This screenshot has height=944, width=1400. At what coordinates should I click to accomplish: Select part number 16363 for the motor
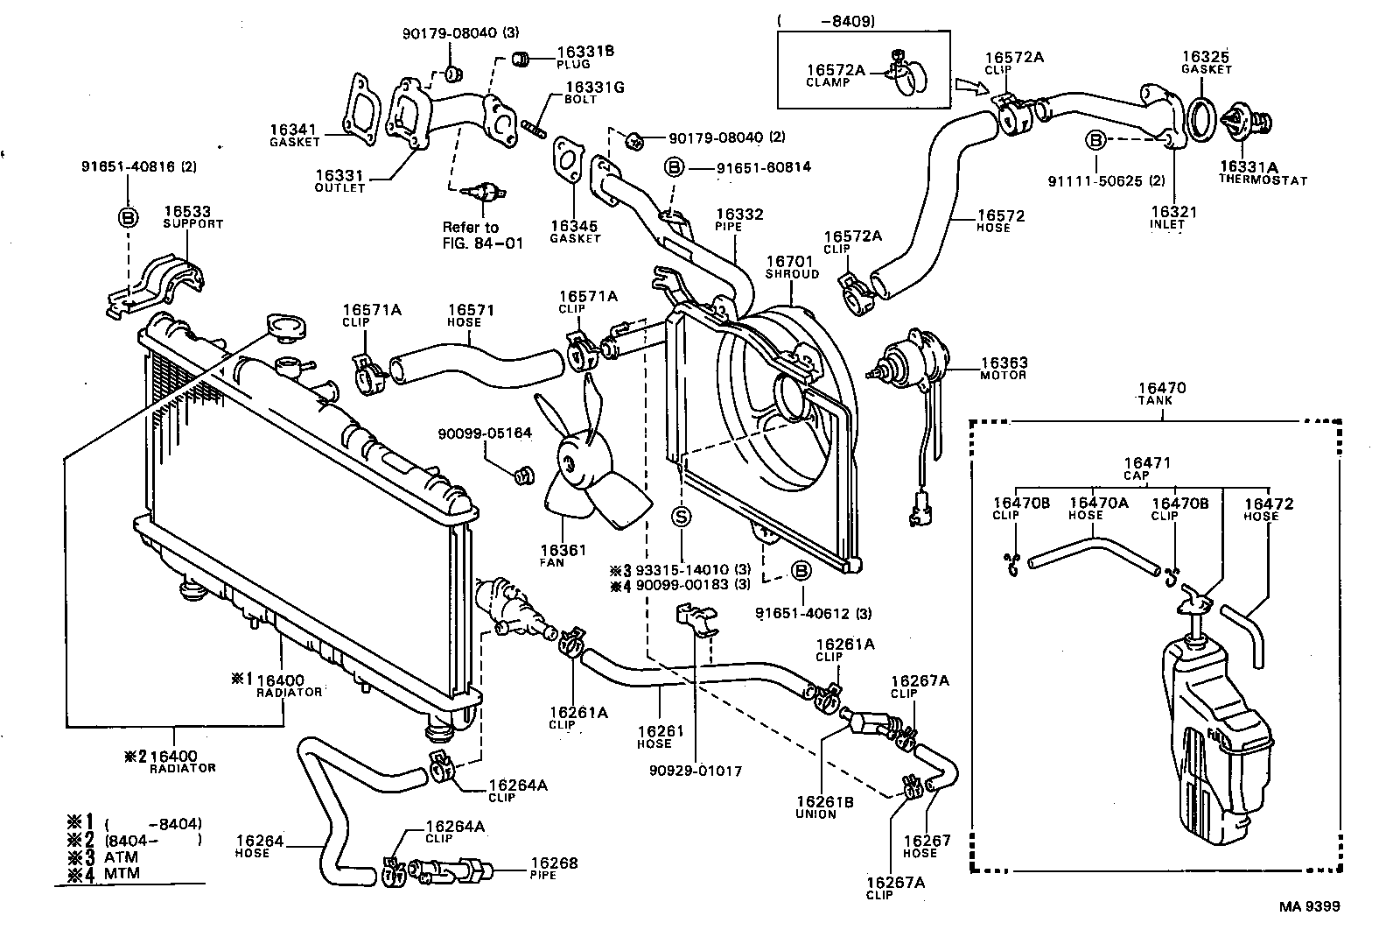tap(1003, 363)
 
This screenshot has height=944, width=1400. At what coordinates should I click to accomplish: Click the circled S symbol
tap(682, 517)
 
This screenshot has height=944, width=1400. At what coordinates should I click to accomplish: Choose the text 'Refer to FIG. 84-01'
tap(482, 235)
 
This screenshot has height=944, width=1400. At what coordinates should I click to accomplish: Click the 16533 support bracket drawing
tap(166, 281)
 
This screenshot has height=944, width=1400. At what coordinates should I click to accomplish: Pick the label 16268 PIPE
tap(553, 868)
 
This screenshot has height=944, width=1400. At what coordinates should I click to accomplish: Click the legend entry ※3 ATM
tap(102, 856)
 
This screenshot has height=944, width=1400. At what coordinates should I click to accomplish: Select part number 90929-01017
tap(696, 771)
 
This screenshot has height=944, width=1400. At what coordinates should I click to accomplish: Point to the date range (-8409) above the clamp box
tap(826, 21)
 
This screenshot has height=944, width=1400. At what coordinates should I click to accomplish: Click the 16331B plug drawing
tap(521, 60)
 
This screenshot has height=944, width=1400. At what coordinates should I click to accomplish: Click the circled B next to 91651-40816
tap(128, 218)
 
